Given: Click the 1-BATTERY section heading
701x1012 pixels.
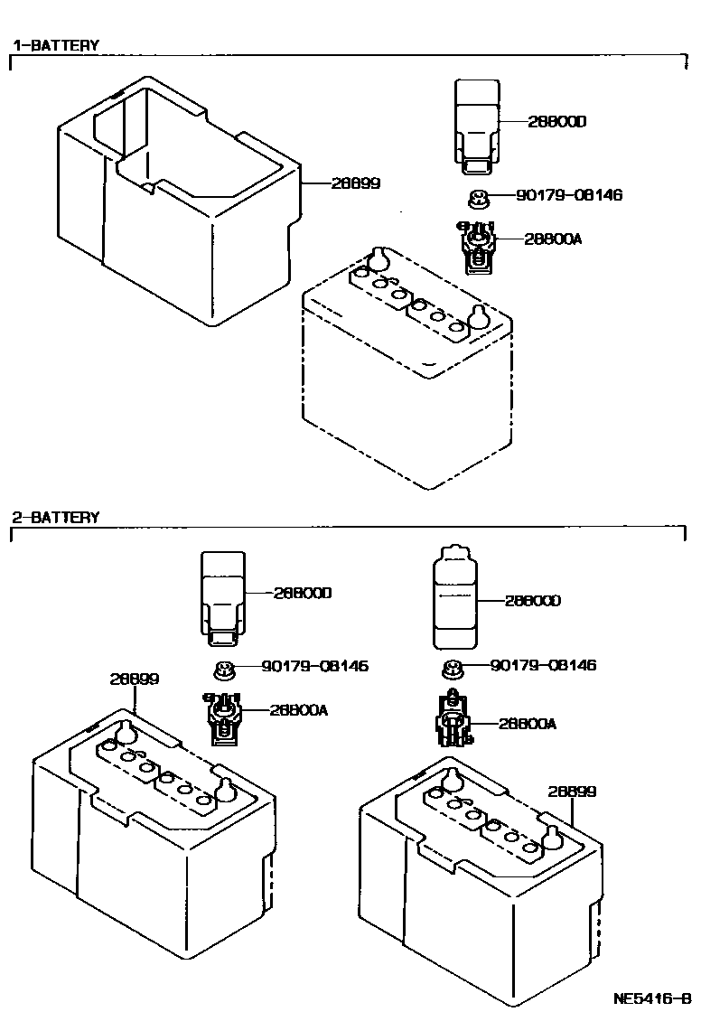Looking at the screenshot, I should [55, 44].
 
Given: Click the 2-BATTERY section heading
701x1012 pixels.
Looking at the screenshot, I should [55, 518].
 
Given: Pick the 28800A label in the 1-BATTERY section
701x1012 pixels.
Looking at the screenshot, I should [552, 239].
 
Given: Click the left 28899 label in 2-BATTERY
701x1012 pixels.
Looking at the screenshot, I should [135, 679].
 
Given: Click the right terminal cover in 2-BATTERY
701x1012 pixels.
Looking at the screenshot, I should [453, 597].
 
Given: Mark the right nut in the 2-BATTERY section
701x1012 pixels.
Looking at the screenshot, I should [452, 670].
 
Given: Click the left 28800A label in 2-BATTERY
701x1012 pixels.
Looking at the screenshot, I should [298, 710].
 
